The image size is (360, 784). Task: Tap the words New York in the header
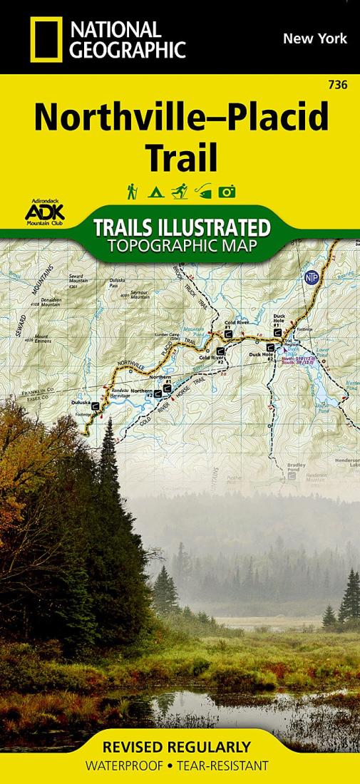pyautogui.click(x=314, y=38)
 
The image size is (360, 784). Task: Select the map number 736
pyautogui.click(x=339, y=86)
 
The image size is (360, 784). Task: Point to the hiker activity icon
pyautogui.click(x=132, y=192)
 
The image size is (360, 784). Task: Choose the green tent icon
pyautogui.click(x=154, y=192)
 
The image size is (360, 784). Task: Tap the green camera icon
pyautogui.click(x=227, y=192)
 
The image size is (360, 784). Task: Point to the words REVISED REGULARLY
pyautogui.click(x=177, y=747)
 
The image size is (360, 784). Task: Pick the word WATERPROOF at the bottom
pyautogui.click(x=124, y=766)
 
